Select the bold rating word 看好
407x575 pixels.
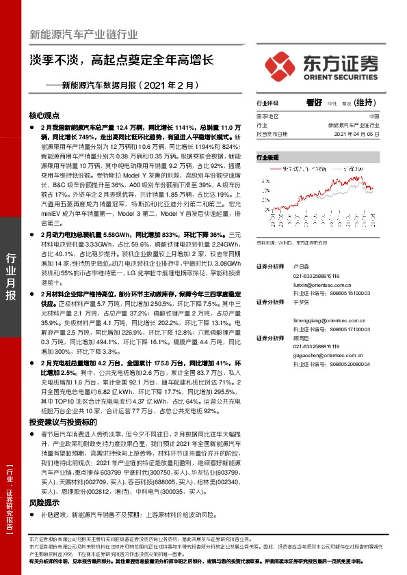pyautogui.click(x=313, y=102)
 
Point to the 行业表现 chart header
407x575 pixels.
pyautogui.click(x=268, y=157)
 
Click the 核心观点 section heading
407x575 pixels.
pyautogui.click(x=44, y=115)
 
